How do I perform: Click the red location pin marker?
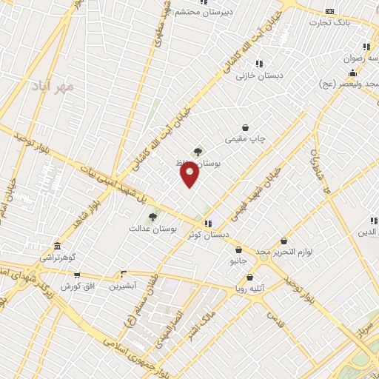pyautogui.click(x=189, y=175)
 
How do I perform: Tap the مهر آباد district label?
pyautogui.click(x=54, y=87)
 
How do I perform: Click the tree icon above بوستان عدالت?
pyautogui.click(x=153, y=218)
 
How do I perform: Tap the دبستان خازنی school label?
pyautogui.click(x=255, y=76)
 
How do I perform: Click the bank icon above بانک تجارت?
pyautogui.click(x=330, y=11)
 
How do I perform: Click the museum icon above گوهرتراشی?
pyautogui.click(x=57, y=246)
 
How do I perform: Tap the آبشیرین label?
pyautogui.click(x=123, y=285)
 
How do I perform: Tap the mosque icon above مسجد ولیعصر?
pyautogui.click(x=353, y=73)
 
